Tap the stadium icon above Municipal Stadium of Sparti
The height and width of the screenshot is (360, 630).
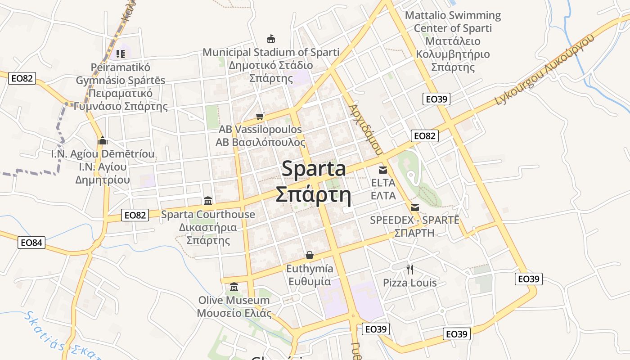click(x=271, y=39)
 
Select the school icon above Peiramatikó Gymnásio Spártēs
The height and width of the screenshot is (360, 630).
click(x=120, y=54)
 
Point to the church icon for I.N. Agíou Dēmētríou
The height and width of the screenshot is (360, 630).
click(x=103, y=140)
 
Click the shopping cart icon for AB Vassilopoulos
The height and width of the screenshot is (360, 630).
click(x=260, y=117)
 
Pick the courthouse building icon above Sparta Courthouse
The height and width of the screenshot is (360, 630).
click(x=208, y=201)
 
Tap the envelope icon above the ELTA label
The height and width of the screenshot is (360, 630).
click(x=383, y=170)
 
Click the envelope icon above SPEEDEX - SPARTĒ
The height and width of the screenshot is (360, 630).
click(x=415, y=207)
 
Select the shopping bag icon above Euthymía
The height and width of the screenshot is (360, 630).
click(x=310, y=255)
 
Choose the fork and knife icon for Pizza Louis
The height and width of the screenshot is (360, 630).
click(x=410, y=269)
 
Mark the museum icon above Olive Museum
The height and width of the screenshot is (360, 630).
click(x=234, y=287)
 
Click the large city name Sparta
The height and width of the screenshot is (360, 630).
click(x=314, y=169)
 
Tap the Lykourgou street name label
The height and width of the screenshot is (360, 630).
click(x=544, y=70)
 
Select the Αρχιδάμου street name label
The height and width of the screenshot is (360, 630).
click(x=365, y=130)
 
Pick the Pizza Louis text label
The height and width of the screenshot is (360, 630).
click(x=410, y=283)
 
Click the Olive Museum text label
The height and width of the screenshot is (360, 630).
click(x=234, y=300)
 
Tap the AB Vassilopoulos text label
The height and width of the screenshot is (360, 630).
click(x=260, y=130)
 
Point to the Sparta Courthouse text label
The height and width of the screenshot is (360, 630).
click(x=208, y=214)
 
